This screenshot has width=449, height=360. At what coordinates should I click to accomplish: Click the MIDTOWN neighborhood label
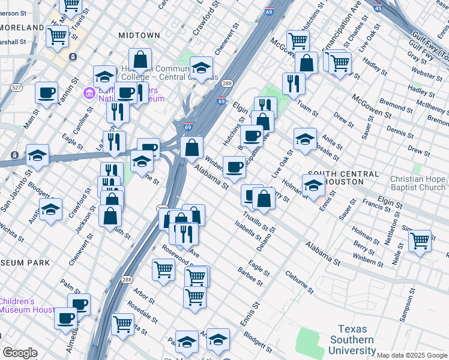coord(139,35)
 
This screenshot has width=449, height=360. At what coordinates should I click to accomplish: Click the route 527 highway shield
coord(17,88)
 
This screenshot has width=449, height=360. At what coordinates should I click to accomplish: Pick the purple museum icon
coord(89,94)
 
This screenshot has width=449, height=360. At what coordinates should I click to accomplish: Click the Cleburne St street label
coord(300,281)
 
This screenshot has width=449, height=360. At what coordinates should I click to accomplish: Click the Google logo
coord(19,353)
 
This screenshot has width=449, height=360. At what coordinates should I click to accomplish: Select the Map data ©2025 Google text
coord(412,355)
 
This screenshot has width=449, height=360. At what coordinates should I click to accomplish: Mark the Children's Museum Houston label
coord(27,305)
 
